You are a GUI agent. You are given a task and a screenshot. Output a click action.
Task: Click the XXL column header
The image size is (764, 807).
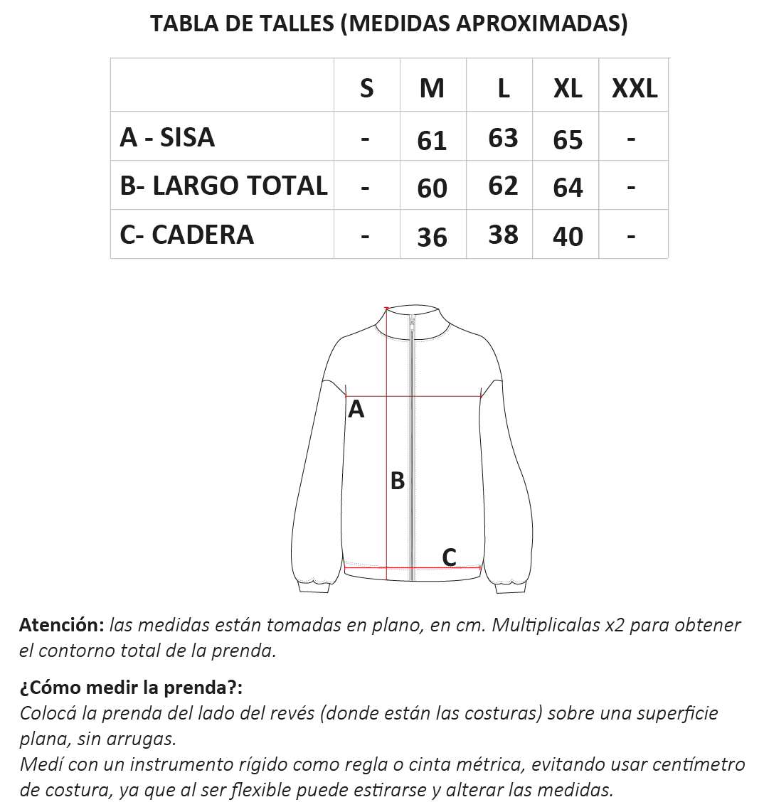635,88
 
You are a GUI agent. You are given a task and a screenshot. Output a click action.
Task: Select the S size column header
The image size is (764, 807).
366,88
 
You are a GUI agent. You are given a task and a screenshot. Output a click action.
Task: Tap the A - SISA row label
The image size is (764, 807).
167,137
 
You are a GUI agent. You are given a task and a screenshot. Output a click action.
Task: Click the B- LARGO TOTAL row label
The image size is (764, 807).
223,186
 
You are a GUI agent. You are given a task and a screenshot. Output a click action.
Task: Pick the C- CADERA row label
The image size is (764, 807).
186,235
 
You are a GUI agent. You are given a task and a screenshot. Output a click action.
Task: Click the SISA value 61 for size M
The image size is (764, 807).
432,140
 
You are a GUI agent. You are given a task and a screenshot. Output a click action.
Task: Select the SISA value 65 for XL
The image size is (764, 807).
568,140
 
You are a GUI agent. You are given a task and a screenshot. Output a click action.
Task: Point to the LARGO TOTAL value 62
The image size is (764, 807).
503,186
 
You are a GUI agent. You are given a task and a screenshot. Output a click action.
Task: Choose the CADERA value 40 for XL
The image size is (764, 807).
568,237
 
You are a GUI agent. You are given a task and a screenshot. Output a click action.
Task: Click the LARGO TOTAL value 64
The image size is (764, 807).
568,188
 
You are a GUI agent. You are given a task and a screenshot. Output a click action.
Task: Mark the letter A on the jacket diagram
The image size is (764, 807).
356,410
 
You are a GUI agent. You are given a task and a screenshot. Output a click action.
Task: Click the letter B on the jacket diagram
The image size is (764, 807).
398,481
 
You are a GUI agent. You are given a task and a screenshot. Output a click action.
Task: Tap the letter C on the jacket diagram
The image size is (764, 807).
449,557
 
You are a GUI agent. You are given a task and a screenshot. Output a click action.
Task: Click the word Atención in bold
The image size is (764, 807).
62,625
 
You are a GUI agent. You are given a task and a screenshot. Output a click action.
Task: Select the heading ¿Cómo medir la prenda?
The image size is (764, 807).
131,688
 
